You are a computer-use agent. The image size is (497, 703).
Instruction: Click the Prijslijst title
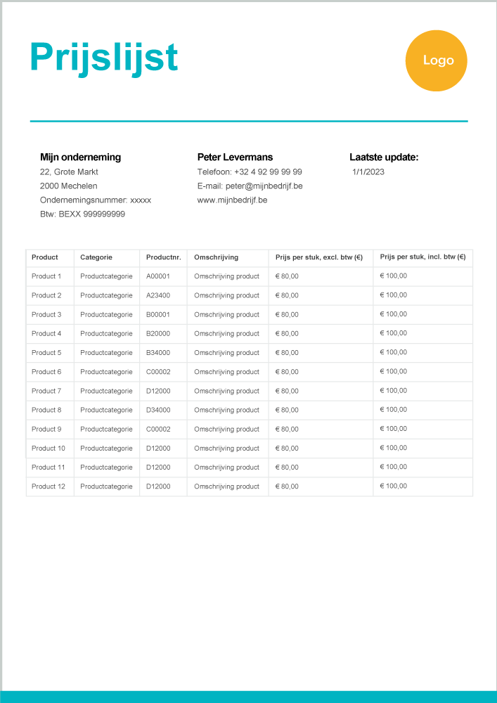tap(104, 58)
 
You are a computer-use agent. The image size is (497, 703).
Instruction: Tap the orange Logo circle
tap(437, 60)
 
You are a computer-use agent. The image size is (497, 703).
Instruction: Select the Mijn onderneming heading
tap(80, 157)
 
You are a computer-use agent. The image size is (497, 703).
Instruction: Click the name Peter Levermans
tap(235, 157)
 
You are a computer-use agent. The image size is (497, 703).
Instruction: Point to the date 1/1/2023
tap(368, 172)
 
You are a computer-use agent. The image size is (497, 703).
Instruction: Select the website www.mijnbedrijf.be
tap(232, 200)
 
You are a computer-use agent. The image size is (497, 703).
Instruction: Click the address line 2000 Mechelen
tap(69, 186)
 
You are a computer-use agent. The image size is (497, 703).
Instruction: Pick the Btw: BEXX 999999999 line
tap(82, 214)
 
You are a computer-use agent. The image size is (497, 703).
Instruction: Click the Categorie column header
tap(96, 257)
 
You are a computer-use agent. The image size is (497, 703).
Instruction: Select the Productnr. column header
tap(163, 257)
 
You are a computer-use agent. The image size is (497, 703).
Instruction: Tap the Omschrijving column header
tap(217, 257)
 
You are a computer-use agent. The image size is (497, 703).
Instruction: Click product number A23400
tap(158, 295)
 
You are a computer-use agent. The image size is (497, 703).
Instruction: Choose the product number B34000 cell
tap(158, 353)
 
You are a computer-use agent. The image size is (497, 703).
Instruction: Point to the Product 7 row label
tap(46, 391)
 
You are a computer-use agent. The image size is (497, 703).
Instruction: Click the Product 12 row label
tap(49, 486)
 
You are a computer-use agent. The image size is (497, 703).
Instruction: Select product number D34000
tap(158, 410)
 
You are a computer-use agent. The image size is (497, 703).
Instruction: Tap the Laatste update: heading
tap(384, 157)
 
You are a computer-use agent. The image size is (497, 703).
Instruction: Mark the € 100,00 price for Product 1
tap(394, 276)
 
